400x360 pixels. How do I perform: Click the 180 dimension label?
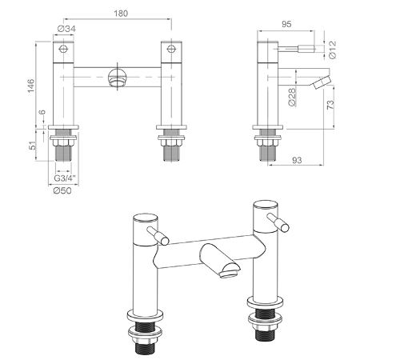coord(121,14)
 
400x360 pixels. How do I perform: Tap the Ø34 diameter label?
coord(66,29)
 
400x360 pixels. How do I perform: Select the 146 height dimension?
coord(31,86)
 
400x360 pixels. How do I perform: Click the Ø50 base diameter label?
coord(62,190)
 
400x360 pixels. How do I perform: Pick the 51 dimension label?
coord(32,146)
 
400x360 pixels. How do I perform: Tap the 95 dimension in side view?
coord(286,24)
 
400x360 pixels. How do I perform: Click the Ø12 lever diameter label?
coord(333,50)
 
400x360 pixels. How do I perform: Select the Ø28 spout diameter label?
coord(293,98)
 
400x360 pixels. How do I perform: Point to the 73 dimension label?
coord(330,104)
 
